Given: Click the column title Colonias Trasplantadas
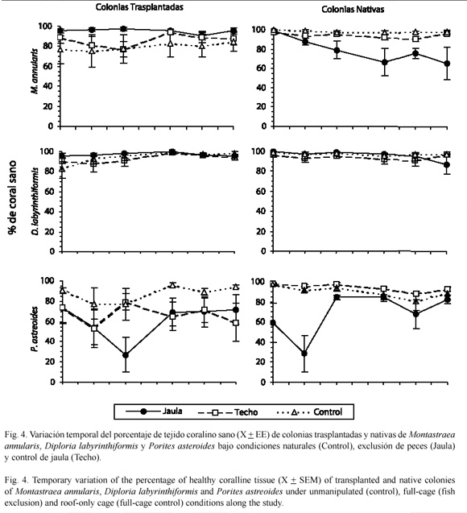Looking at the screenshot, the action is point(139,7).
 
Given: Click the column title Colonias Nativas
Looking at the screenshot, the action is point(353,9).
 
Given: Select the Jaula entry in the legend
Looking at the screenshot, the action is point(154,412).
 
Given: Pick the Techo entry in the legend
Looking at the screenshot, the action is point(228,412).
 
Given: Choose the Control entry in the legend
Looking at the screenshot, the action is point(309,412).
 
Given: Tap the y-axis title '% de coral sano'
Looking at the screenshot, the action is point(12,197).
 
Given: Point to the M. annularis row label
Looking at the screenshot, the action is point(35,72).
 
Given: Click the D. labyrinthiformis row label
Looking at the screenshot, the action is point(35,201).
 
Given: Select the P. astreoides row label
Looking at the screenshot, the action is point(35,329).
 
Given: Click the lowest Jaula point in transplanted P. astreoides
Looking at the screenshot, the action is point(126,355).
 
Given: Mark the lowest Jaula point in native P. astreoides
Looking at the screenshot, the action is point(304,354).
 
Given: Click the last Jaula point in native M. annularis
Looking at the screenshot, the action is point(447,64).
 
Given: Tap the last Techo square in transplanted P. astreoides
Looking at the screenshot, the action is point(235,323).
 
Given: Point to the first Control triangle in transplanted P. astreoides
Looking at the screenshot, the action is point(63,290).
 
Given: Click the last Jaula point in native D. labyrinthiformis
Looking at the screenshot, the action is point(447,165).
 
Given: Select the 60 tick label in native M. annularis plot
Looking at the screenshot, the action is point(262,68).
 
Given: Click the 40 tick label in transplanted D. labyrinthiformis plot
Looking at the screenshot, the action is point(50,211).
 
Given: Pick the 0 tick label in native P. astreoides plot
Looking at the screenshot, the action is point(263,382).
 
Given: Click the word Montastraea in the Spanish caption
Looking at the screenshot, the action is point(432,435).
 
